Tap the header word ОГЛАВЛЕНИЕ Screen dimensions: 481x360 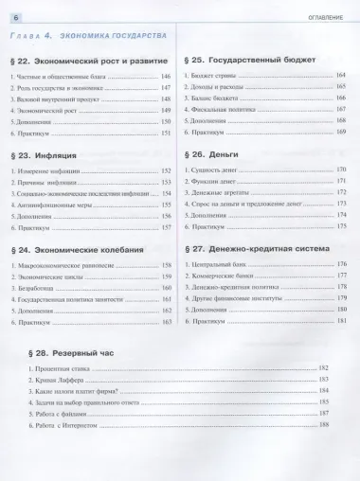pos(327,10)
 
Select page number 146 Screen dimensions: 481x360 pos(167,75)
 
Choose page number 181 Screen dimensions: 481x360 pos(342,322)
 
